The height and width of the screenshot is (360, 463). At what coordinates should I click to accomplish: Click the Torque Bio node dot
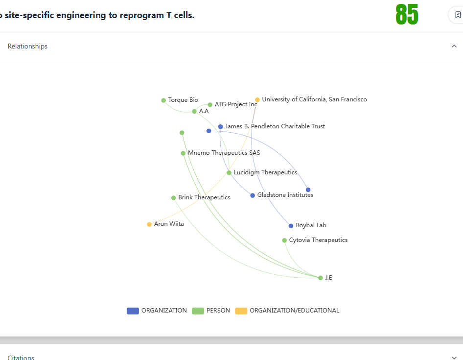click(163, 100)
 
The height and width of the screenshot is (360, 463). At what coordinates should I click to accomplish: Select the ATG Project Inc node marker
click(210, 105)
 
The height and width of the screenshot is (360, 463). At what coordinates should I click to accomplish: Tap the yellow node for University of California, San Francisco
click(257, 100)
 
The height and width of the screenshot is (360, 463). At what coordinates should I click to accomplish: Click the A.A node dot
click(194, 112)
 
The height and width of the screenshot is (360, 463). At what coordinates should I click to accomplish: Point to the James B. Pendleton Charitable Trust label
click(275, 126)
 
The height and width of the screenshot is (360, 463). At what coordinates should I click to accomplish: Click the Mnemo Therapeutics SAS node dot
click(183, 153)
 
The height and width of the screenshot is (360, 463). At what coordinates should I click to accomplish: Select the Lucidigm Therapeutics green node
click(229, 172)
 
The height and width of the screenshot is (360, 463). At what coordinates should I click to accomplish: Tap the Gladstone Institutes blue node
click(253, 195)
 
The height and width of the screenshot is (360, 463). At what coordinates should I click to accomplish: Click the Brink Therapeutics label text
click(204, 197)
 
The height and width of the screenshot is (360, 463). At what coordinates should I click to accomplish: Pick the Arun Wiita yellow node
click(149, 224)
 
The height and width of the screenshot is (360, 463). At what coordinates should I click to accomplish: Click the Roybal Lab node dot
click(291, 226)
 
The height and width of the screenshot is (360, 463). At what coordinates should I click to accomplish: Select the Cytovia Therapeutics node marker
click(284, 240)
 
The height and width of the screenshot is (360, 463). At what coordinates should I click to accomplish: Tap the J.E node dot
click(321, 278)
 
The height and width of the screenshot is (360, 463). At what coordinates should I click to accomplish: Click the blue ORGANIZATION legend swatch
click(133, 311)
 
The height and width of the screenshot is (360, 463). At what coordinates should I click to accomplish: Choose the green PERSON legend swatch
click(198, 311)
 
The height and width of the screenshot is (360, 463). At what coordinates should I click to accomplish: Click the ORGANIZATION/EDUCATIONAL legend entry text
click(295, 311)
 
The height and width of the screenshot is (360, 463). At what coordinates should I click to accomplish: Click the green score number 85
click(407, 15)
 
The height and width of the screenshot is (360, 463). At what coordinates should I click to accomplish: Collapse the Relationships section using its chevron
click(454, 46)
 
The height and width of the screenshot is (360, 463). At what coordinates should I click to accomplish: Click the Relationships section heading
click(27, 46)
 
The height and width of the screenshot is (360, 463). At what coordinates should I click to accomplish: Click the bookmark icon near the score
click(458, 15)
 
